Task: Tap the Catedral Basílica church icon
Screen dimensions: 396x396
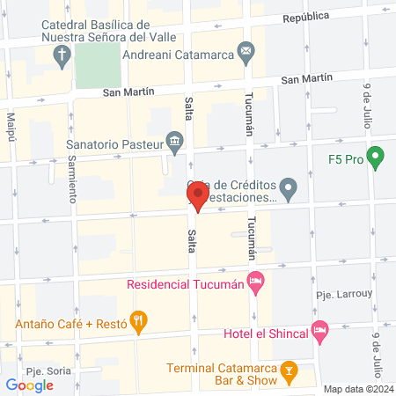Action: point(62,57)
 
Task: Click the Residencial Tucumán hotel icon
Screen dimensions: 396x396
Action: point(256,283)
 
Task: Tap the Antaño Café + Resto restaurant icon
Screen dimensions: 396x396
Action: point(138,322)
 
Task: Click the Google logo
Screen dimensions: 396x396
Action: point(30,385)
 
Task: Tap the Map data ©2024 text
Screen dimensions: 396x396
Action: point(356,389)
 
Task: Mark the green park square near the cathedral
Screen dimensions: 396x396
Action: point(97,63)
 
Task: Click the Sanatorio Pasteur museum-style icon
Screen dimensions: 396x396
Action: point(175,142)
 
